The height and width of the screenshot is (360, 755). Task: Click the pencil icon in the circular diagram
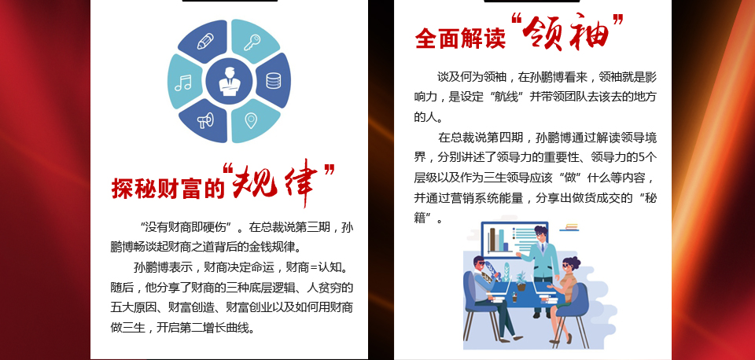(x=205, y=41)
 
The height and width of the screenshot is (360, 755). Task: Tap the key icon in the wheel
(x=252, y=42)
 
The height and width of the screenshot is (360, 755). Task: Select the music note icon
(x=183, y=83)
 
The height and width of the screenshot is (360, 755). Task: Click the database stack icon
(x=273, y=80)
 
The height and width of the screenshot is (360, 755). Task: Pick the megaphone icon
(x=205, y=120)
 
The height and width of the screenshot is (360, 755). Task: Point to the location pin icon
(x=251, y=120)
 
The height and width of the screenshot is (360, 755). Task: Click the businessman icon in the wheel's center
(x=229, y=81)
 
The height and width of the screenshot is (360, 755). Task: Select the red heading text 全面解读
(x=460, y=39)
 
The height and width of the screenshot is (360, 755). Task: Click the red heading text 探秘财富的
(x=168, y=188)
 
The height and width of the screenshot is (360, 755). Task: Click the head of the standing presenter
(x=540, y=235)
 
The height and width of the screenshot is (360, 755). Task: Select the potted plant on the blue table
(x=521, y=281)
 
